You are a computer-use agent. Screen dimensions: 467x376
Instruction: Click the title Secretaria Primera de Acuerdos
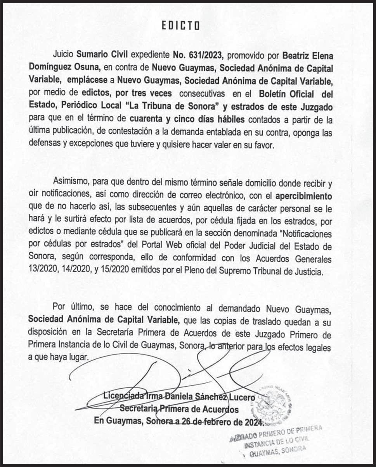coord(179,409)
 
